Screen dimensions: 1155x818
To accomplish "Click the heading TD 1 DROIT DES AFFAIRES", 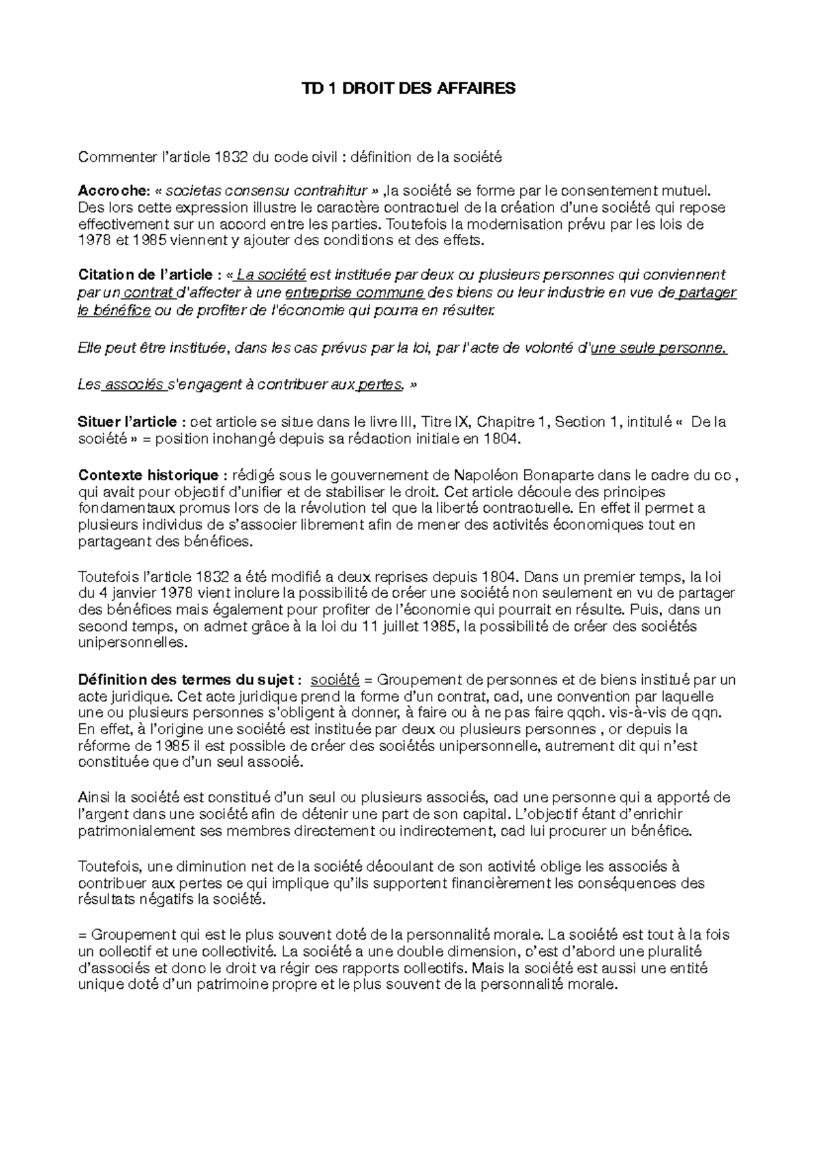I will click(409, 89).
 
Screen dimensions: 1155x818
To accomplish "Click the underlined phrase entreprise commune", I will click(354, 294).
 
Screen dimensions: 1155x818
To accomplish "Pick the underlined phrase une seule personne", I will click(658, 349).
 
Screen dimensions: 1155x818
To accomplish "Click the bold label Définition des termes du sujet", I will click(188, 680).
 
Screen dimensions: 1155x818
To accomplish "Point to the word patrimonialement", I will click(136, 831).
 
